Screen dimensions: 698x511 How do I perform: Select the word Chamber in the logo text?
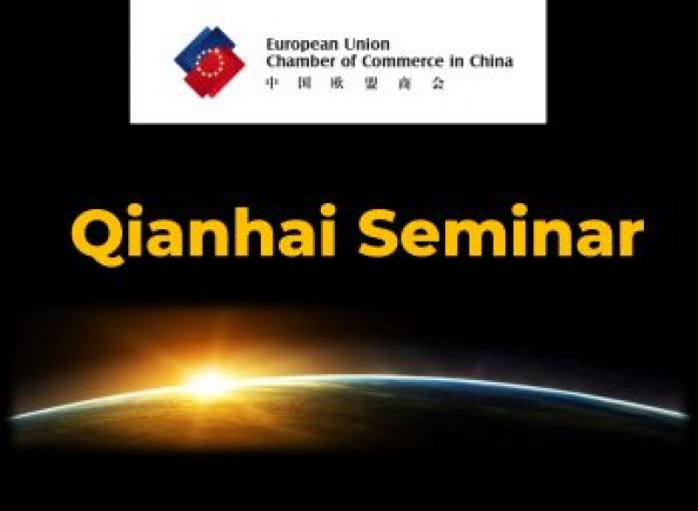click(x=301, y=61)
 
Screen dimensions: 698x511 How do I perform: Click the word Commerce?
click(x=403, y=61)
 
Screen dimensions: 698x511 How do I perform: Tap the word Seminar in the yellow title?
click(x=501, y=231)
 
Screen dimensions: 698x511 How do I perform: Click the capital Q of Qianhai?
click(x=99, y=236)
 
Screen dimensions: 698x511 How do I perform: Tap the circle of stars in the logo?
click(x=210, y=62)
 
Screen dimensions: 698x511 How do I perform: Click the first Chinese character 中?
click(x=272, y=83)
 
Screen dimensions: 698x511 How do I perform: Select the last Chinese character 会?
click(x=439, y=83)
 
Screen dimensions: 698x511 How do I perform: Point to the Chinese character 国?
click(x=305, y=83)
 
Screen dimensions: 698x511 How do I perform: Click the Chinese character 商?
click(x=404, y=83)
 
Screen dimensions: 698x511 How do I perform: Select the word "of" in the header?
click(x=349, y=61)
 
